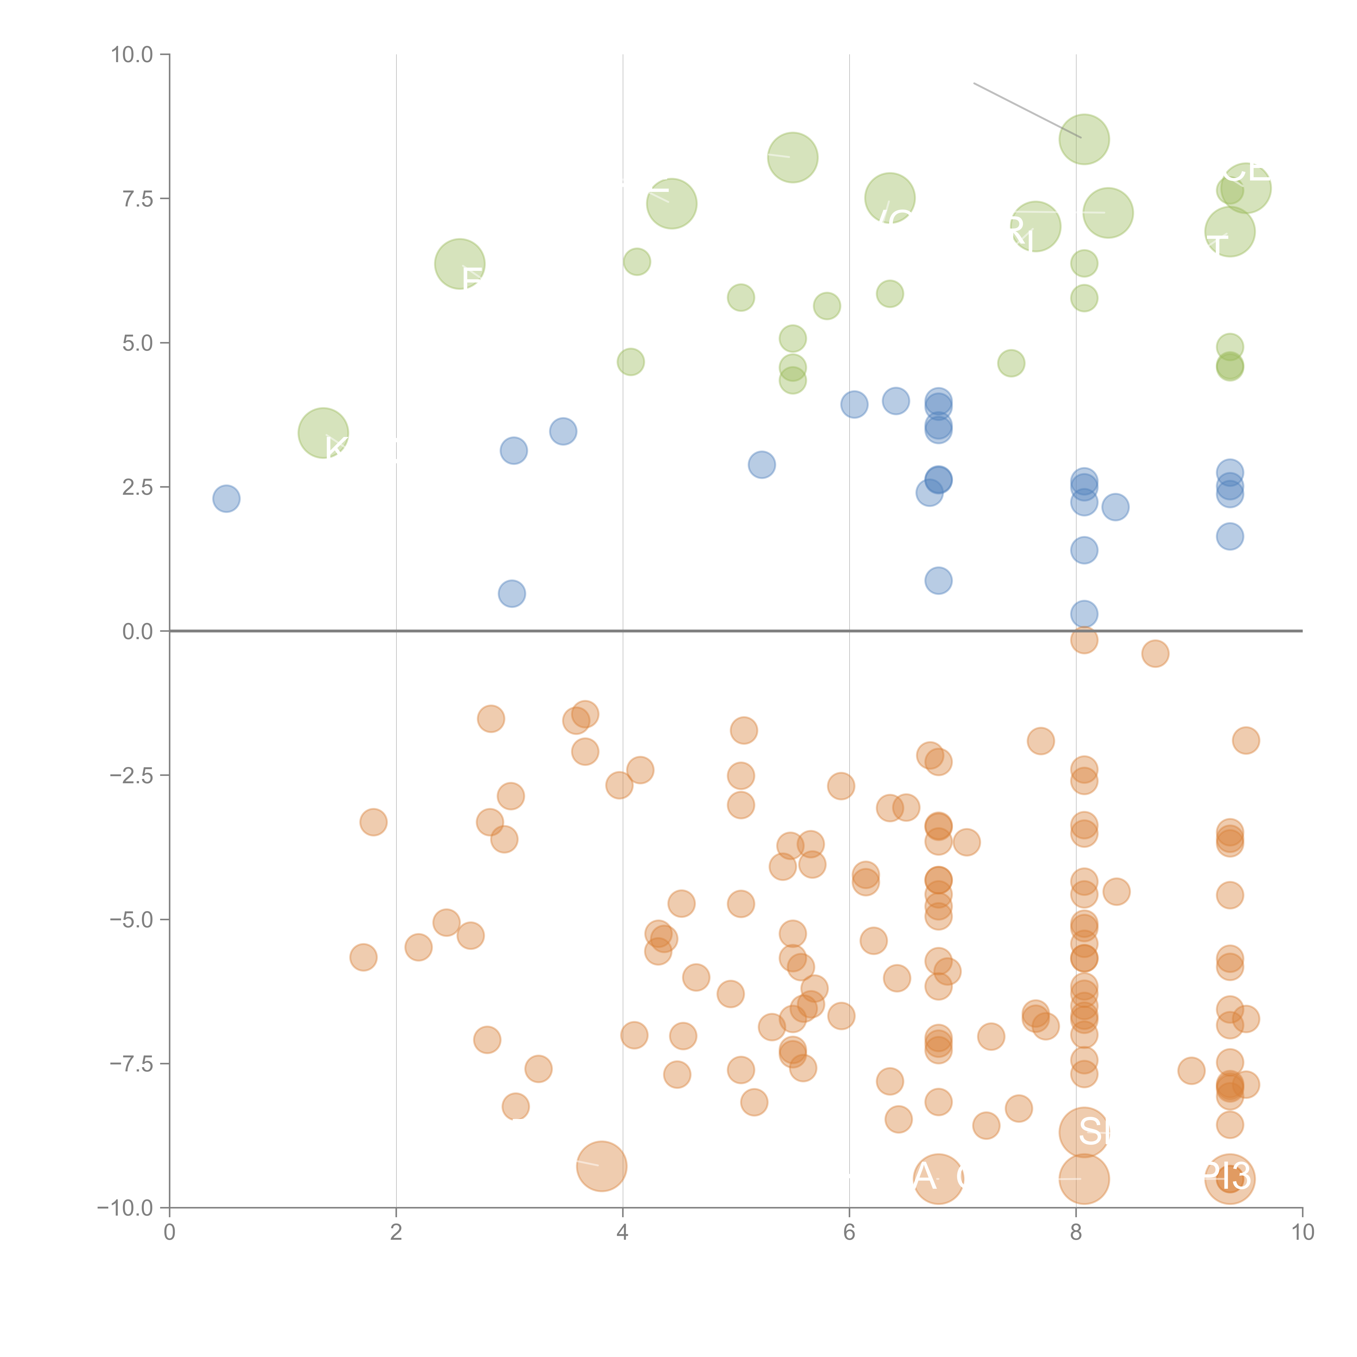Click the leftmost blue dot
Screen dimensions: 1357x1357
click(x=226, y=499)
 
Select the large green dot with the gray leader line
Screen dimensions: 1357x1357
click(x=1084, y=139)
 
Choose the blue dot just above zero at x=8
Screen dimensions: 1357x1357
click(x=1084, y=614)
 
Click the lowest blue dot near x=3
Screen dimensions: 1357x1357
click(x=512, y=594)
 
